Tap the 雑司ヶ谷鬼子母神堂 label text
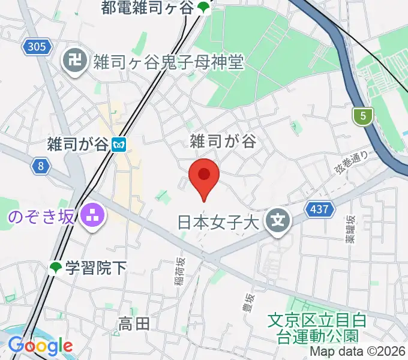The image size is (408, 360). click(x=168, y=61)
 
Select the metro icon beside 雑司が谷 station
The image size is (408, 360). click(x=121, y=145)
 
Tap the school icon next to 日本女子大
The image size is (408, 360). click(x=279, y=222)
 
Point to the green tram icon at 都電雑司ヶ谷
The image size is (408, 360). click(x=204, y=8)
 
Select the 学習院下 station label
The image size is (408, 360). click(x=96, y=268)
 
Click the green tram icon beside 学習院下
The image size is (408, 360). click(x=56, y=268)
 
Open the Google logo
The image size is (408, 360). click(x=40, y=346)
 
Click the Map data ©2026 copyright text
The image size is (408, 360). click(x=356, y=352)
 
